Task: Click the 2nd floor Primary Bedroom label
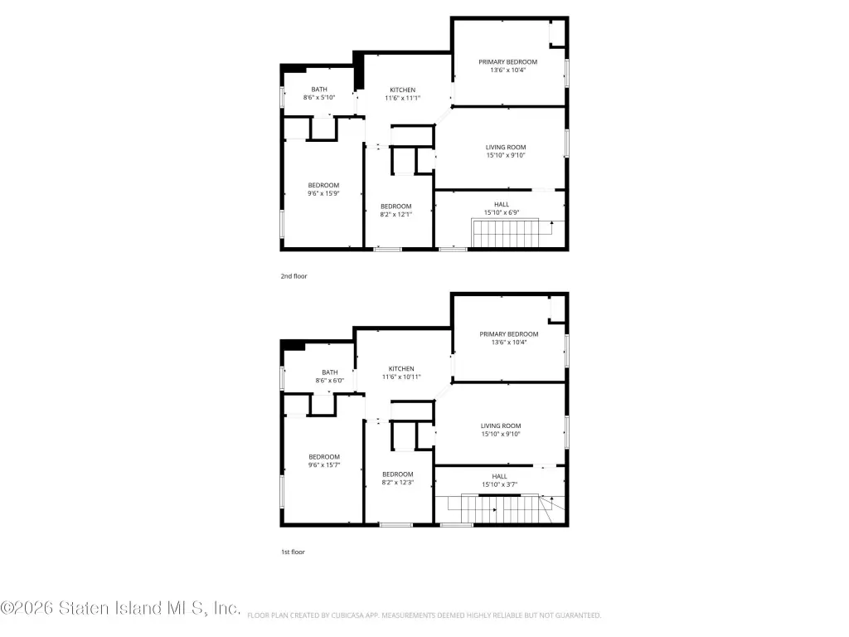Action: [x=508, y=61]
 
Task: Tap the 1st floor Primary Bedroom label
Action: [x=509, y=334]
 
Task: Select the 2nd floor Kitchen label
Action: [x=403, y=90]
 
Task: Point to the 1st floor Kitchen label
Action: [x=401, y=369]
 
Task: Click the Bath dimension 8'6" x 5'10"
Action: [x=319, y=98]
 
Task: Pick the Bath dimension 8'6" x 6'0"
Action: [x=330, y=381]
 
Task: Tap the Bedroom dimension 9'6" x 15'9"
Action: [x=324, y=193]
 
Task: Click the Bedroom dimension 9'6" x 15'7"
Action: [x=324, y=465]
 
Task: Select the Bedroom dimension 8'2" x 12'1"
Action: [x=395, y=215]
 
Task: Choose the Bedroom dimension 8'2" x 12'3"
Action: [x=398, y=483]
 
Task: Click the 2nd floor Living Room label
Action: [x=506, y=148]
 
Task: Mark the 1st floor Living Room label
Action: [x=501, y=426]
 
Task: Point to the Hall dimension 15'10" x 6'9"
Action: [x=502, y=213]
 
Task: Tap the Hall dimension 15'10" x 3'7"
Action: [x=500, y=484]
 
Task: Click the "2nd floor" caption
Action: [x=294, y=276]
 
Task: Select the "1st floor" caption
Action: [x=293, y=552]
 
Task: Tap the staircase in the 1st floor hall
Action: [x=507, y=509]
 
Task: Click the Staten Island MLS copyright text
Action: [x=120, y=608]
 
